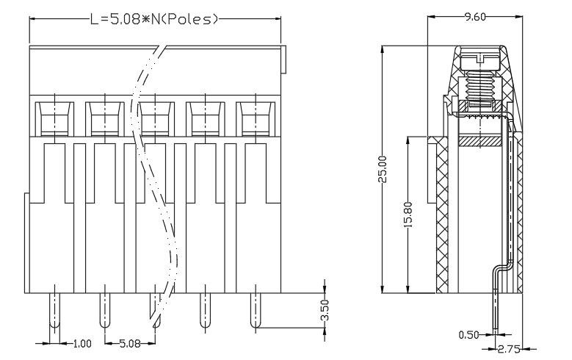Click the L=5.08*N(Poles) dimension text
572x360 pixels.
click(x=154, y=19)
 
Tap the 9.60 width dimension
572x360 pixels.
click(x=475, y=17)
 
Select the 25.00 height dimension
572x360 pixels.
click(x=383, y=169)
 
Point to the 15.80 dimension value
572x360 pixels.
click(x=408, y=215)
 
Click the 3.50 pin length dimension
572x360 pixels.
click(x=325, y=310)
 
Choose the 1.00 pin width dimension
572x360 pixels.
click(x=82, y=344)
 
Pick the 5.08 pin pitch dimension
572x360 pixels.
click(x=130, y=344)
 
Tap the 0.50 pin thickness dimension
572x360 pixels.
click(x=468, y=334)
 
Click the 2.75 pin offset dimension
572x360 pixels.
click(x=509, y=350)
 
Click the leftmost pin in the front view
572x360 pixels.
click(x=55, y=310)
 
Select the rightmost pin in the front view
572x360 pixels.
click(x=256, y=310)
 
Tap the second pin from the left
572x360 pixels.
click(x=105, y=310)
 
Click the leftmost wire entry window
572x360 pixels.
click(x=55, y=119)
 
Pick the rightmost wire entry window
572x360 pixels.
click(x=256, y=119)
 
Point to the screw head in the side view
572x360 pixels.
click(x=480, y=61)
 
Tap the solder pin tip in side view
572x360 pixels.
click(x=496, y=328)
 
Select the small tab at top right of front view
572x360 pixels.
click(x=283, y=60)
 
